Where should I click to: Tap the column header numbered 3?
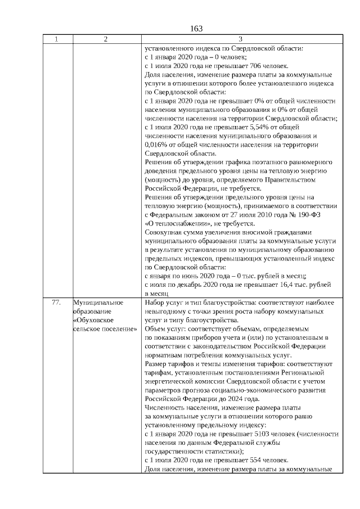240,39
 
